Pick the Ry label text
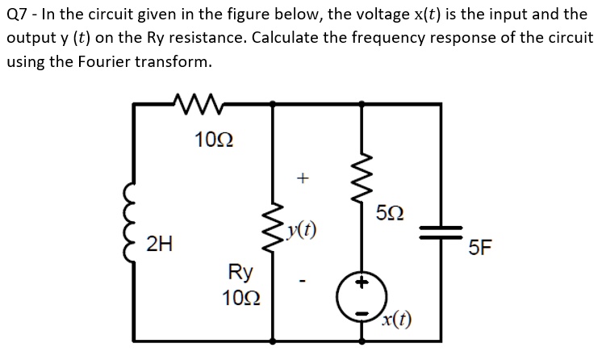[241, 271]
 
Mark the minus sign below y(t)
[302, 283]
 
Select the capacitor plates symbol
[439, 231]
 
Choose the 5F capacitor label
[481, 247]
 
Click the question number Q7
[16, 14]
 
